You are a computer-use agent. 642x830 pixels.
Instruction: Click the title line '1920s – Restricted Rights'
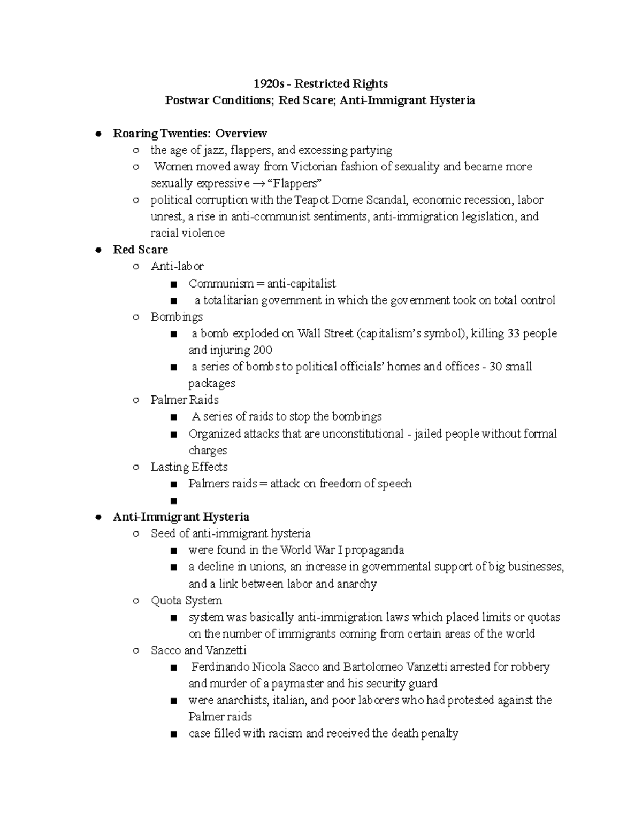click(320, 83)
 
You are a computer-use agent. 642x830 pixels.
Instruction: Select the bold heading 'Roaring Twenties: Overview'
click(190, 133)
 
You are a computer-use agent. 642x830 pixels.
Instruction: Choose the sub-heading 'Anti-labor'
click(177, 266)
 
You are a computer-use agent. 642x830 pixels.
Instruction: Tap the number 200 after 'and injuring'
click(263, 350)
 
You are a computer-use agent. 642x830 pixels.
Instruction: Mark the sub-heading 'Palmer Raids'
click(185, 400)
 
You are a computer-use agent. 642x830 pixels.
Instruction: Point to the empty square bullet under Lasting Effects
click(173, 501)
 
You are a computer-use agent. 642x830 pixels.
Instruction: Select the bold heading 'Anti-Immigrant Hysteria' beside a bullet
click(181, 517)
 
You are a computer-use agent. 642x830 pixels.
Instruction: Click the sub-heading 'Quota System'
click(186, 601)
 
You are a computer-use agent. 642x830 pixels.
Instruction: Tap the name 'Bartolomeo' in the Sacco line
click(373, 667)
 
